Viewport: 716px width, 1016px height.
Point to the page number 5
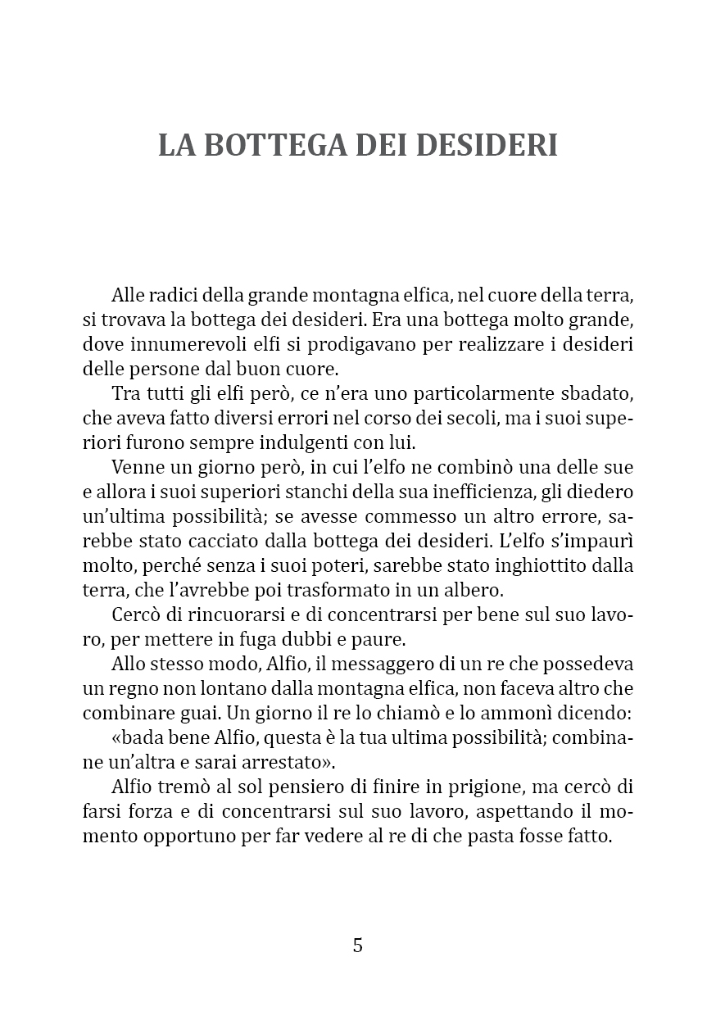(x=358, y=945)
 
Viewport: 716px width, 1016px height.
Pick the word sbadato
(x=602, y=393)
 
